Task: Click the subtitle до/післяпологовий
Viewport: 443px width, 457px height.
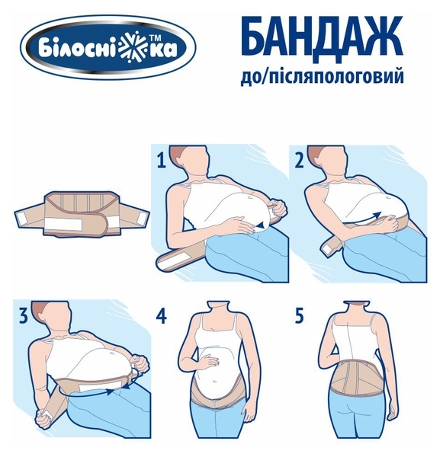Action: click(x=322, y=76)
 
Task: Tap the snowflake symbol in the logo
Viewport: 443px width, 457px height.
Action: click(x=140, y=48)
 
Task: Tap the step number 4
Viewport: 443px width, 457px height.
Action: click(x=162, y=316)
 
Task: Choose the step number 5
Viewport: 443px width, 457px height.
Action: click(x=300, y=316)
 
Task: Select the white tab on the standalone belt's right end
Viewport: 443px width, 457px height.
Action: click(x=142, y=218)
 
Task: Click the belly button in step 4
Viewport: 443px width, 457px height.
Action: click(x=216, y=382)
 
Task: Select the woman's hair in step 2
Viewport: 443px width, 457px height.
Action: click(x=316, y=153)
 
